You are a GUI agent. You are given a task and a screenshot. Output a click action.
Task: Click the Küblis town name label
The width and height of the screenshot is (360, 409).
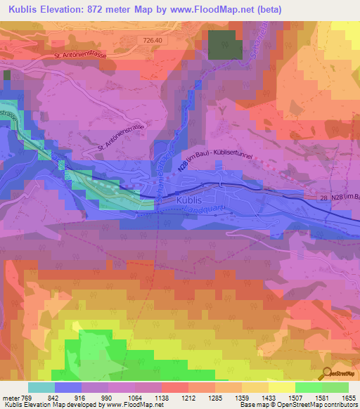tap(186, 200)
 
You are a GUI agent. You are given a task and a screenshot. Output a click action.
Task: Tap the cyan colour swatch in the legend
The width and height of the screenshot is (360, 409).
tap(41, 387)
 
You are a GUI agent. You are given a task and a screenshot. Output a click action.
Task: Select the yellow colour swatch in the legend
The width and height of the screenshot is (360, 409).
tap(282, 387)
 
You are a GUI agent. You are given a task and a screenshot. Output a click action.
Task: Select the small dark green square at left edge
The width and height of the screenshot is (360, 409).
tap(7, 75)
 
